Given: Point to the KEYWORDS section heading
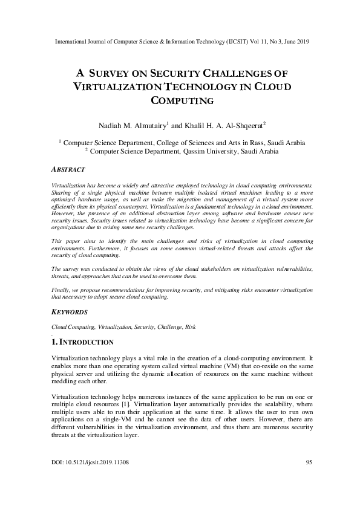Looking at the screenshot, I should click(x=70, y=312).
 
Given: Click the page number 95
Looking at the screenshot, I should click(x=309, y=462).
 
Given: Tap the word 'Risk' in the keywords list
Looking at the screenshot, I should click(x=190, y=326).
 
